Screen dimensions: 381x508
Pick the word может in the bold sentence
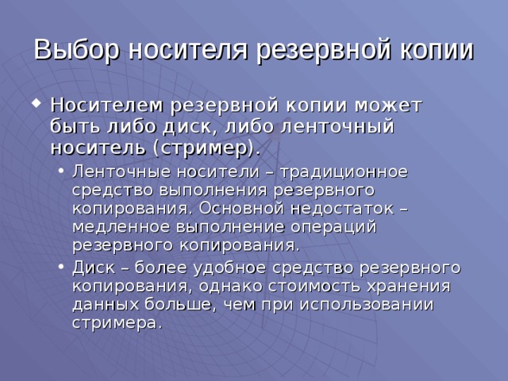click(389, 106)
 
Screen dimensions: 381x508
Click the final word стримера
click(115, 322)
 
